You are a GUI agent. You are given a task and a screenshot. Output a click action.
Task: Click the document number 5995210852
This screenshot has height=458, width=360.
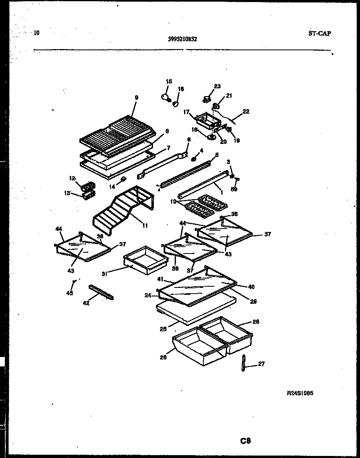coord(182,40)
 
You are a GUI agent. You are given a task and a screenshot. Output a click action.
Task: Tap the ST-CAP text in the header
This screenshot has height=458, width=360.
coord(319,34)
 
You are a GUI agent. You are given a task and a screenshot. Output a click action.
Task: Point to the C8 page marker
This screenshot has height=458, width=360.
coord(245,441)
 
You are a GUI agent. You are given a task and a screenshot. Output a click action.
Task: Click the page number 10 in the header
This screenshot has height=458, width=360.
coord(37,33)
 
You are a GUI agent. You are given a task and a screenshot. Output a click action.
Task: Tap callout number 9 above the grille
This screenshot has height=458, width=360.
coord(136,97)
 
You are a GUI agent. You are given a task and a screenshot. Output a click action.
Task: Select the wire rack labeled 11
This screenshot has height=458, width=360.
coord(123,209)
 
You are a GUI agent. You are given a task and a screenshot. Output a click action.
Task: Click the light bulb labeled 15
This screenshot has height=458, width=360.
coord(165,97)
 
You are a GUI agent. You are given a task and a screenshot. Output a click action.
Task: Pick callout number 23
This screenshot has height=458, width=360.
coord(217,86)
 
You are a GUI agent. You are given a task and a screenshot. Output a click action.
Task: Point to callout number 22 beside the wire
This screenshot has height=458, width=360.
coord(246,111)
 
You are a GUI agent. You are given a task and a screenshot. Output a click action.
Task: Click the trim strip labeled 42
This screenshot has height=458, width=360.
coord(101,292)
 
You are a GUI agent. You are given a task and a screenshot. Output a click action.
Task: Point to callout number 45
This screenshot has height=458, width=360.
coord(70,293)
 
